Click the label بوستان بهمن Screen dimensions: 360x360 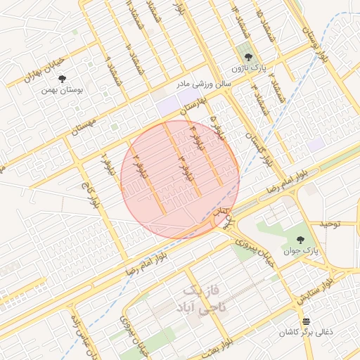58,90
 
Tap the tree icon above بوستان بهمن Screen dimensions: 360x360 62,79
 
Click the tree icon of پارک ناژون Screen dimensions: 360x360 247,57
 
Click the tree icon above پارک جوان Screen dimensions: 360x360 303,238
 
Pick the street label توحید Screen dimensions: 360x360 330,224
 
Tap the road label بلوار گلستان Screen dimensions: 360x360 257,147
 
